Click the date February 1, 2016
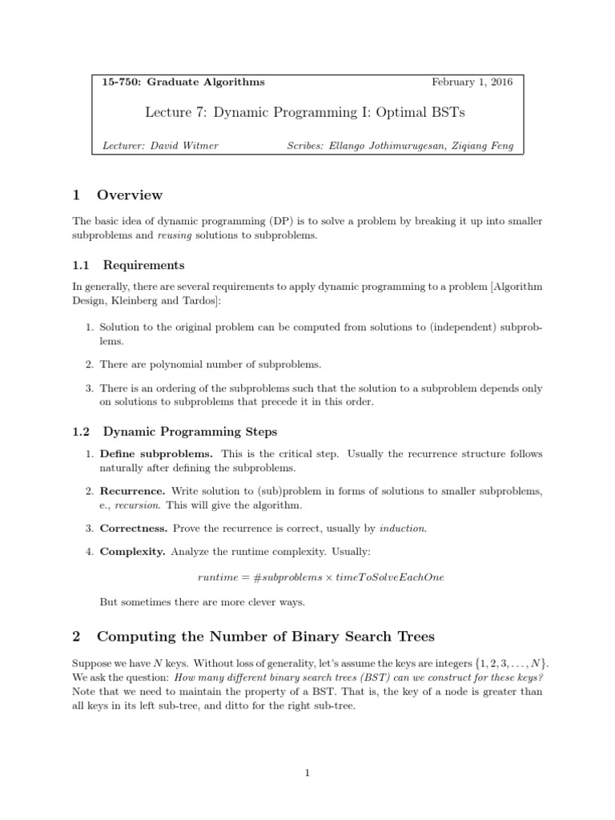[472, 82]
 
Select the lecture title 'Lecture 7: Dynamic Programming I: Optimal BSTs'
[304, 113]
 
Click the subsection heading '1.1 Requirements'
[128, 265]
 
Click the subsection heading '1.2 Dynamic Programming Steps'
[174, 432]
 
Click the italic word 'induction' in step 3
[402, 529]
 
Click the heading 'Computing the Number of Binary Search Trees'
[265, 637]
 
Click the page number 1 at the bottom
[307, 773]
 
